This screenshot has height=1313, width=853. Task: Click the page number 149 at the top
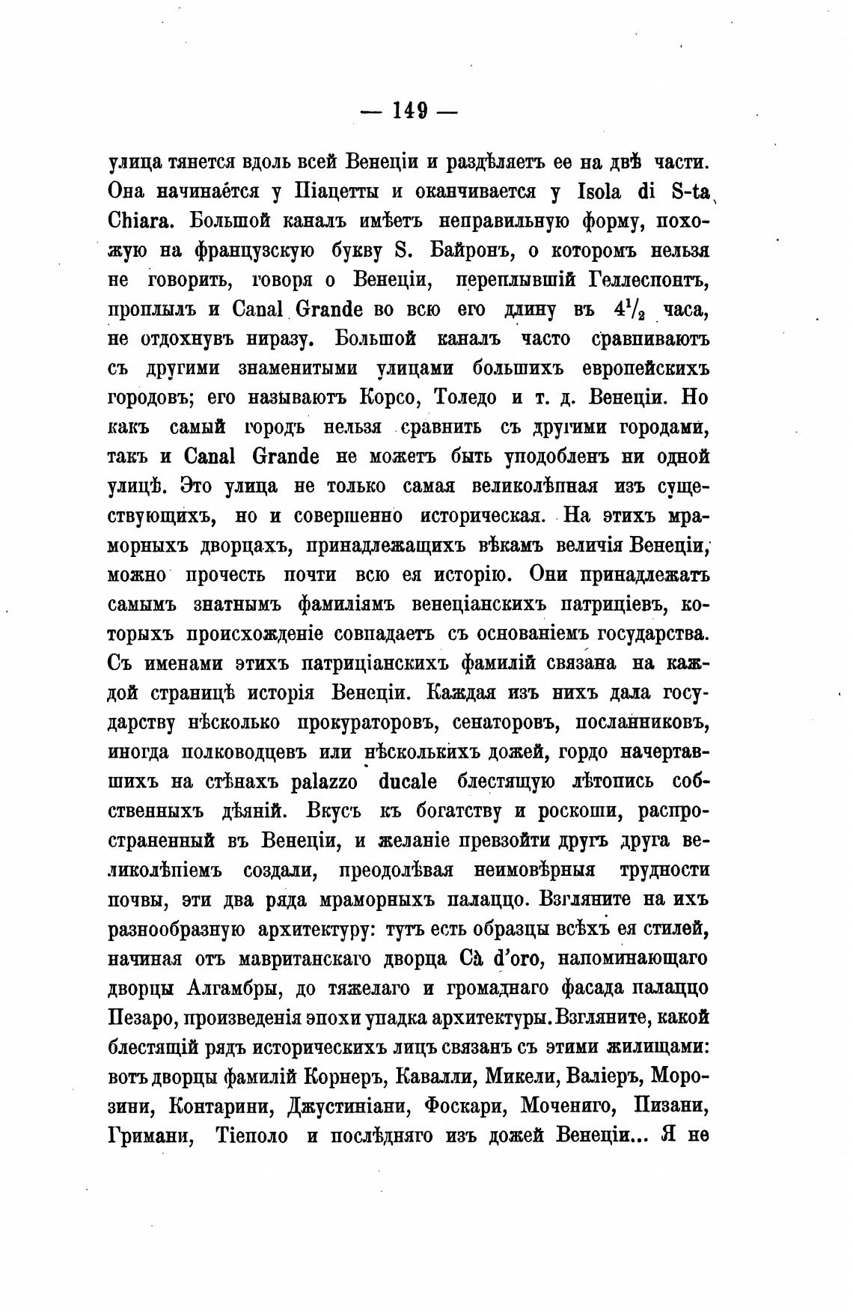[409, 111]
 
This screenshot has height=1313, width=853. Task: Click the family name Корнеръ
[342, 1077]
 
